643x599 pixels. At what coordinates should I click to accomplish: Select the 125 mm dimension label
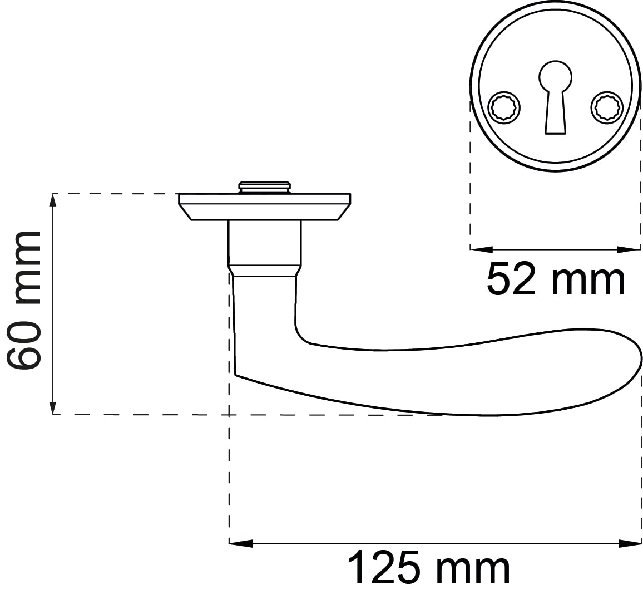(429, 568)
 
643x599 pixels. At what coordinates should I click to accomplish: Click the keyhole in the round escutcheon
(555, 97)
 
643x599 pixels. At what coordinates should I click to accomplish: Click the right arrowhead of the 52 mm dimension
(629, 249)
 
